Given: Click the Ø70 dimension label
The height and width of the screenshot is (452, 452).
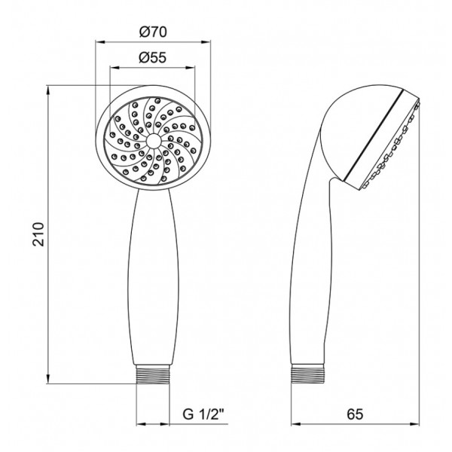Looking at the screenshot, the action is pos(153,32).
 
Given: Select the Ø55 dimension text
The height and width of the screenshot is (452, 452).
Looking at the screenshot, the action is pos(153,57).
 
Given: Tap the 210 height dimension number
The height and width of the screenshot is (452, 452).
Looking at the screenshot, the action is pos(38,234).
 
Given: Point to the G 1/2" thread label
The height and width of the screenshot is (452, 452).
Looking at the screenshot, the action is pos(203,415).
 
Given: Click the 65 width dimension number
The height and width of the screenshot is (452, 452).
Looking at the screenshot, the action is pos(355,414).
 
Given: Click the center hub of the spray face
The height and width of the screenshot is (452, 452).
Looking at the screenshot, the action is pos(153,142).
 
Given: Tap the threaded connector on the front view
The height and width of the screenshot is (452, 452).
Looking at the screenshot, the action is pos(153,374).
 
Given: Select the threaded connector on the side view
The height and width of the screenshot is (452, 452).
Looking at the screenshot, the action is pos(308,374).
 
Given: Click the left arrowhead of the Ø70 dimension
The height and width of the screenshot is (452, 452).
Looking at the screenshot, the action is pos(99,42).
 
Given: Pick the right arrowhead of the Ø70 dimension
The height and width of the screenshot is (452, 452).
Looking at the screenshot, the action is pos(206,42).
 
